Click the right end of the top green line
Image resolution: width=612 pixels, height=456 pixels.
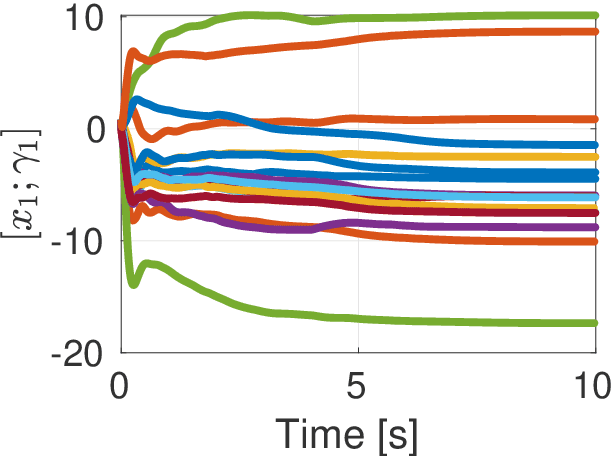coord(595,15)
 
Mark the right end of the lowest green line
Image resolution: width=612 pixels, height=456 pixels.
coord(595,323)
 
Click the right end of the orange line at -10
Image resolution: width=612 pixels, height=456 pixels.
coord(595,241)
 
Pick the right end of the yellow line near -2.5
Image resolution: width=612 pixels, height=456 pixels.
coord(595,157)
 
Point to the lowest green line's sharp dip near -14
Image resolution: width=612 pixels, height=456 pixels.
coord(133,284)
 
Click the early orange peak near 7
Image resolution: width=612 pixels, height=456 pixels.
coord(134,51)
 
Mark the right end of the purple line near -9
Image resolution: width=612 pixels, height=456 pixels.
coord(595,227)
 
